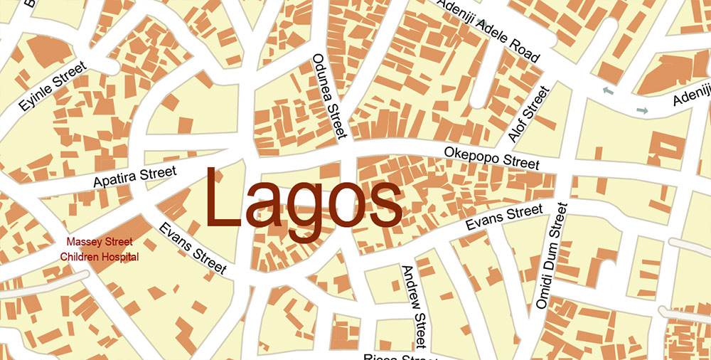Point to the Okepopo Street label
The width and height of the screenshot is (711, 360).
[x=491, y=157]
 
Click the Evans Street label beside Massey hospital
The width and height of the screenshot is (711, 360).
[x=193, y=249]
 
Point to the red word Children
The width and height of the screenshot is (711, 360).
[x=80, y=257]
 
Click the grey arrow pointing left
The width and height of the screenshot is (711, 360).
[x=608, y=90]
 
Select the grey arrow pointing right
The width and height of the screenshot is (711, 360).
[x=642, y=110]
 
